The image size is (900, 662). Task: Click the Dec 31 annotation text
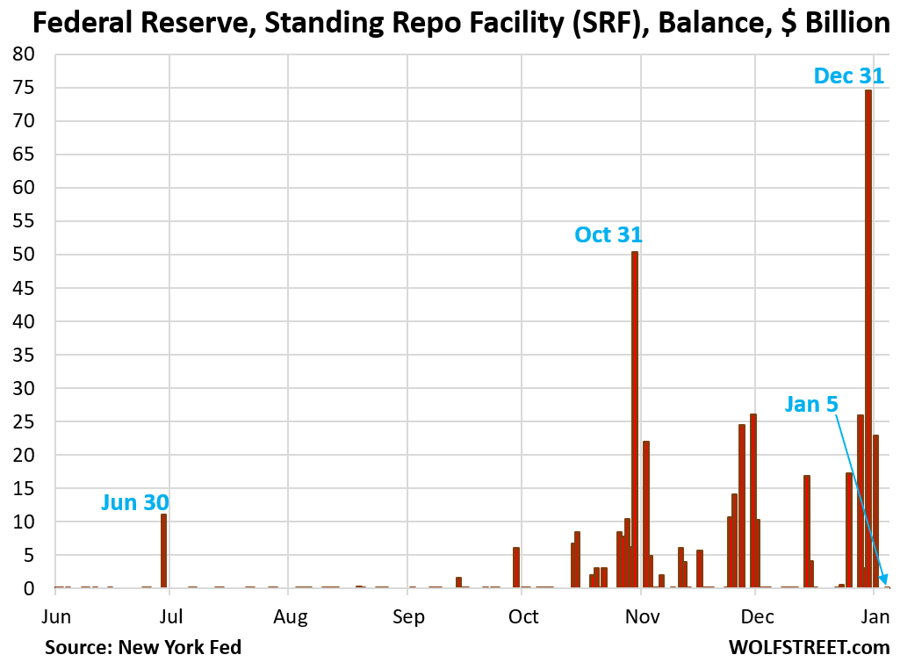coord(848,76)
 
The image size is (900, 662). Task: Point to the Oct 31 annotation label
coord(608,235)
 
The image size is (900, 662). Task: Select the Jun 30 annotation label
coord(134,502)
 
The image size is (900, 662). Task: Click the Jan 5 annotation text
coord(811,404)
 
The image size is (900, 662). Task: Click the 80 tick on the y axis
coord(24,54)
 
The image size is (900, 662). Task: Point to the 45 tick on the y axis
coord(24,288)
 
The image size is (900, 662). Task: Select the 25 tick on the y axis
coord(24,421)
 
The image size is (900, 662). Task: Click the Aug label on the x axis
coord(291,617)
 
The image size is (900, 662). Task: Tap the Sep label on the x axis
coord(408,617)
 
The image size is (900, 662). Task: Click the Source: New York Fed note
coord(143,647)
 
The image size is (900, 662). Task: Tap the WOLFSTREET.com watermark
coord(809,647)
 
